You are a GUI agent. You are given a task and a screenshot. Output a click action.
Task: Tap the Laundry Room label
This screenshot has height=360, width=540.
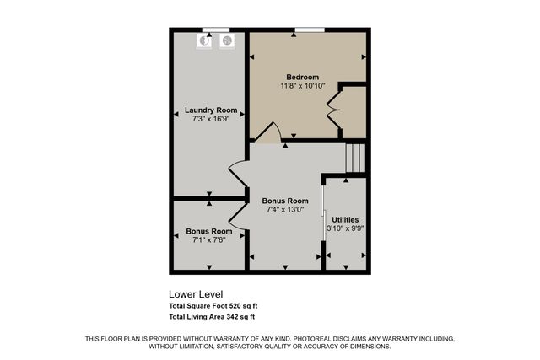[x=211, y=110]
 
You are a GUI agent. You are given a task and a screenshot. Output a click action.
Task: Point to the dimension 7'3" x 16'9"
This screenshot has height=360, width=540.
[x=211, y=120]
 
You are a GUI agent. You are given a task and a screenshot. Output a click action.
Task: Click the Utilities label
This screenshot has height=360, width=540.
[x=345, y=219]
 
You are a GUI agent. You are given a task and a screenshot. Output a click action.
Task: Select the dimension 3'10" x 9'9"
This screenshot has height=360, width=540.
[x=345, y=228]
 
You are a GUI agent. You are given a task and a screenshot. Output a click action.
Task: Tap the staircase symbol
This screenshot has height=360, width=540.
[x=355, y=157]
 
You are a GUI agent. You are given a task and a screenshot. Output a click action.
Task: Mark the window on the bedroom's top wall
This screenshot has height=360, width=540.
[x=308, y=31]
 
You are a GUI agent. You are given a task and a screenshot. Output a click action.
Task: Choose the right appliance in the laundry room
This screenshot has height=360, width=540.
[x=226, y=40]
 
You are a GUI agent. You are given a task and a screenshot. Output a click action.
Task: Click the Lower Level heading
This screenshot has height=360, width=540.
[x=196, y=294]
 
